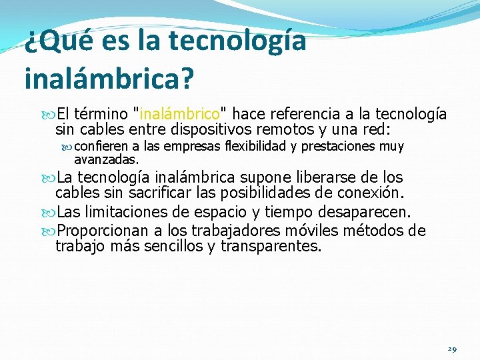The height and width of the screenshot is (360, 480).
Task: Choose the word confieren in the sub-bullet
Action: coord(101,147)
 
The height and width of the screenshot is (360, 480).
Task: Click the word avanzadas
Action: coord(106,159)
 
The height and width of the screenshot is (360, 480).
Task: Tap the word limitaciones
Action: coord(126,212)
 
